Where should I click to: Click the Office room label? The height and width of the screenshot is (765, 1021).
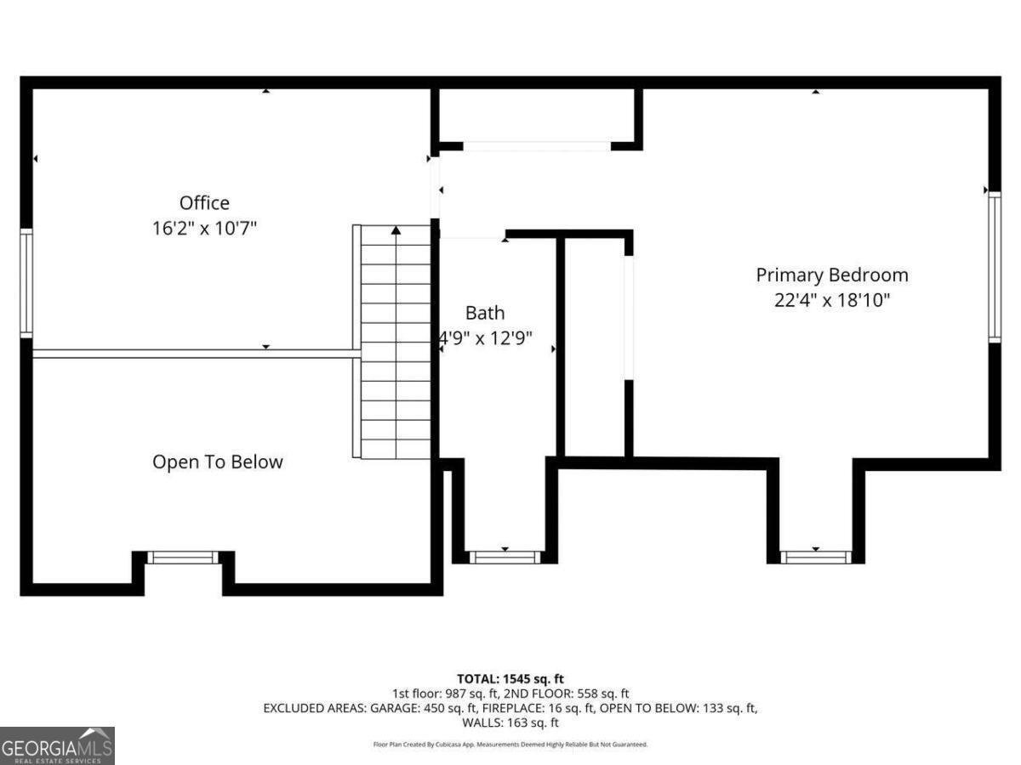coord(204,203)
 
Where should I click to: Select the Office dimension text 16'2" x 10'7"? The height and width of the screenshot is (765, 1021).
coord(204,228)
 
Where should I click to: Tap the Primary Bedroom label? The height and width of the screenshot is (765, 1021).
coord(832,275)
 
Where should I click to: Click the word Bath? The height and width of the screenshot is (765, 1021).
coord(484,313)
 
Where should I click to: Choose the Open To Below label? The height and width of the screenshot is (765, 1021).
coord(218,462)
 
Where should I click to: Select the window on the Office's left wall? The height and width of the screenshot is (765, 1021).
coord(26,283)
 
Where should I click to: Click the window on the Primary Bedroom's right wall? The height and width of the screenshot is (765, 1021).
coord(994,268)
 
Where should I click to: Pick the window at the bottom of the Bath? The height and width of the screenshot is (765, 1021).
coord(505,557)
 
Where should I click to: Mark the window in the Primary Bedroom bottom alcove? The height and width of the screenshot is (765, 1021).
coord(815,557)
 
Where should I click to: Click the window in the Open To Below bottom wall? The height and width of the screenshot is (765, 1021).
coord(182,558)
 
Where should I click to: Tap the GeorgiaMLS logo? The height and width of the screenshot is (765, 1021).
coord(57,745)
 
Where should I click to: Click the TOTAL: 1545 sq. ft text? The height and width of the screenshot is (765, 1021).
coord(510,678)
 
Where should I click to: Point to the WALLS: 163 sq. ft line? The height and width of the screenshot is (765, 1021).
coord(510,722)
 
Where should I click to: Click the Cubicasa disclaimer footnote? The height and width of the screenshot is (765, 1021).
coord(510,745)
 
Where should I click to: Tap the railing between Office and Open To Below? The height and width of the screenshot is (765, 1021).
coord(191,354)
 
